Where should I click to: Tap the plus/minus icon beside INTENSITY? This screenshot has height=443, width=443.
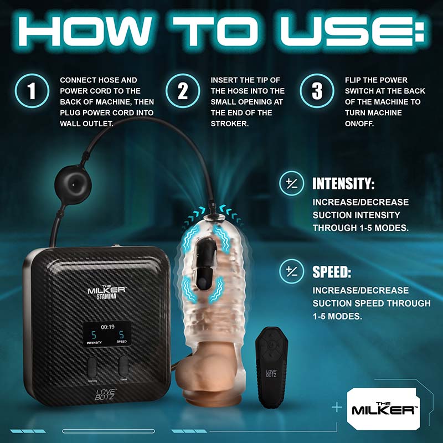(x=292, y=183)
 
